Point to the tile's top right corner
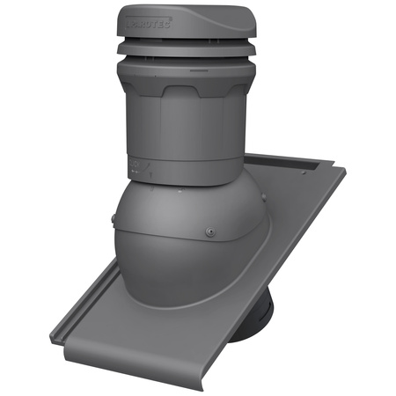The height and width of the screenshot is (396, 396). (332, 165)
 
